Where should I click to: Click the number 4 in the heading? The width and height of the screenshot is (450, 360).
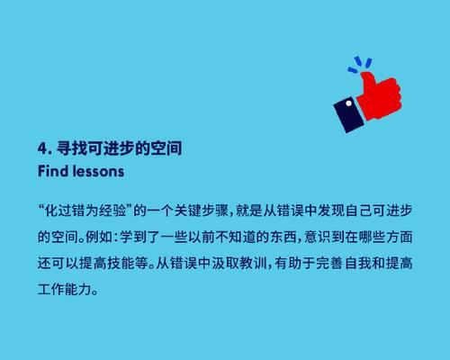[42, 148]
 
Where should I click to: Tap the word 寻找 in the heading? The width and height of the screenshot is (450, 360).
[71, 148]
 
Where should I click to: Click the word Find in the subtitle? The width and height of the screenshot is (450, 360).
[53, 171]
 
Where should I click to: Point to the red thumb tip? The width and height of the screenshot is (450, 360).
[365, 75]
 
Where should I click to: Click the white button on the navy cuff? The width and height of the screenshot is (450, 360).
[348, 103]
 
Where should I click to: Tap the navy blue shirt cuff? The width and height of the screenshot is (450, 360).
[349, 114]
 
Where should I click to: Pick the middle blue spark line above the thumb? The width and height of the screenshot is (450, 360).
[358, 61]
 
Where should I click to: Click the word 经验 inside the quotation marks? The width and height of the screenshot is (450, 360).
[112, 211]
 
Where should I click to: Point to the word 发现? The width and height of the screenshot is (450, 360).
[331, 211]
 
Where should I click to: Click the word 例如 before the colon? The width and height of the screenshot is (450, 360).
[99, 237]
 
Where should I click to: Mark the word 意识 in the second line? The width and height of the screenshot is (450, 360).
[318, 237]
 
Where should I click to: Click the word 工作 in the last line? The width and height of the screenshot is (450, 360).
[51, 290]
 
